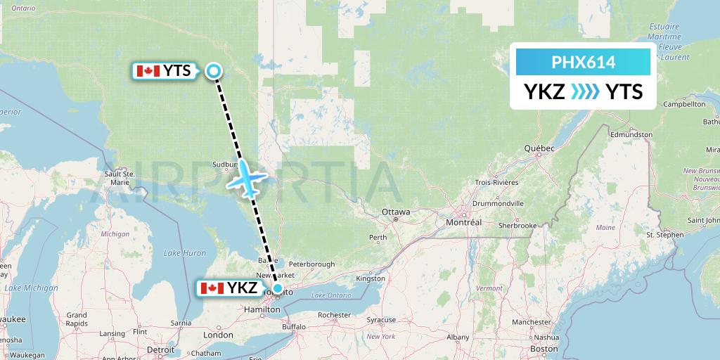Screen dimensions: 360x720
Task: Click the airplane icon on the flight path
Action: (247, 179)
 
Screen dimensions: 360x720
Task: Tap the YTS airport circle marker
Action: (214, 70)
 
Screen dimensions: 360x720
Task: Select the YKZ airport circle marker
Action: (278, 288)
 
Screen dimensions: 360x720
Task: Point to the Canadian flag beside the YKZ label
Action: (212, 288)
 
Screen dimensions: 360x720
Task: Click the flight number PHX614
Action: (583, 63)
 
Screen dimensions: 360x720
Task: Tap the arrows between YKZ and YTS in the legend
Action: (585, 91)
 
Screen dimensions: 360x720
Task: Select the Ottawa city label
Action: (395, 212)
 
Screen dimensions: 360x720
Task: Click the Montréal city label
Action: (464, 222)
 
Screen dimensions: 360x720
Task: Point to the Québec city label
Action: (539, 148)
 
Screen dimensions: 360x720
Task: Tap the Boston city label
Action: (545, 349)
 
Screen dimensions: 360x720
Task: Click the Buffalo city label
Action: (294, 327)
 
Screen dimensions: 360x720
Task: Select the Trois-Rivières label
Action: (496, 182)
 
